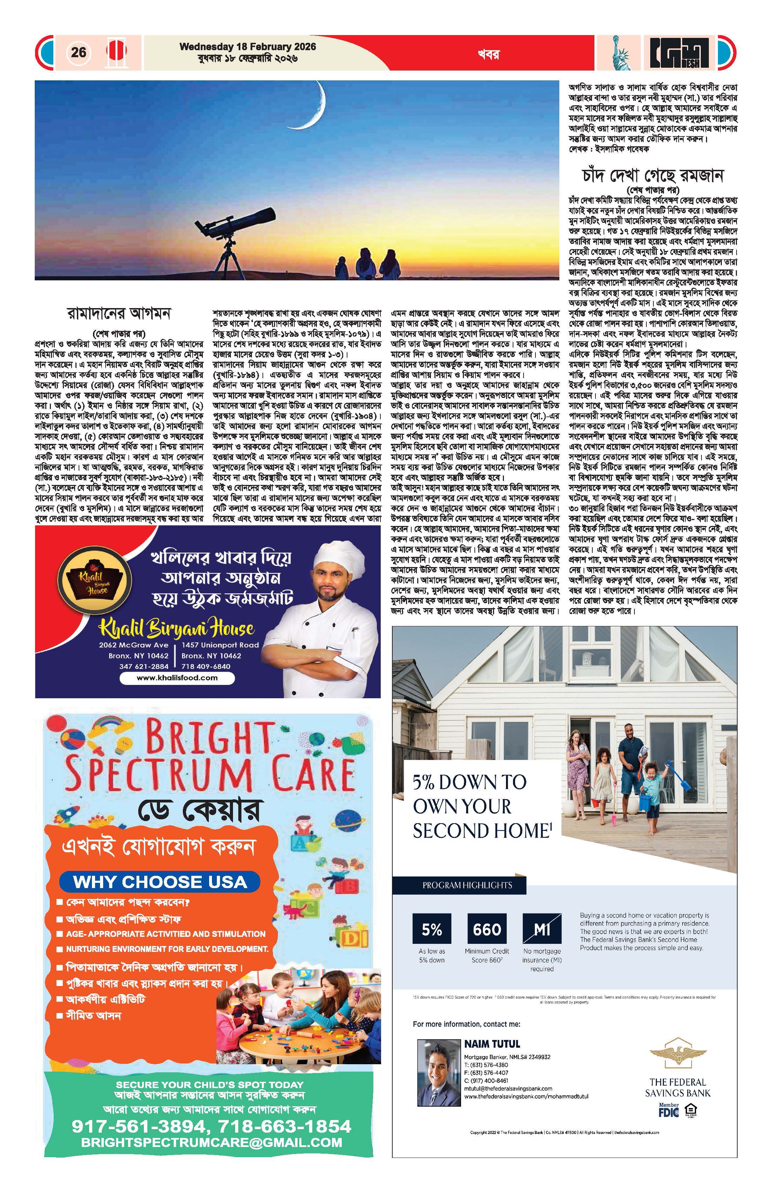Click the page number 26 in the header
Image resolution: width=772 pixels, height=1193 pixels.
79,52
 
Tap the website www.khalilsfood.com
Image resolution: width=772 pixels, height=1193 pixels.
177,678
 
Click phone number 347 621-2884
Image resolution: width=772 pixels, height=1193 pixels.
144,667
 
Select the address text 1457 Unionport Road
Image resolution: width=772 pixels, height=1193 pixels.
220,645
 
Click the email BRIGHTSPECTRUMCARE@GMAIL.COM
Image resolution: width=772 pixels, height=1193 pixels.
212,1143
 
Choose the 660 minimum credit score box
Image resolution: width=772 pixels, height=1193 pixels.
487,930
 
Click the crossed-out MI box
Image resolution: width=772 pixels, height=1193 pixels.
542,930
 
